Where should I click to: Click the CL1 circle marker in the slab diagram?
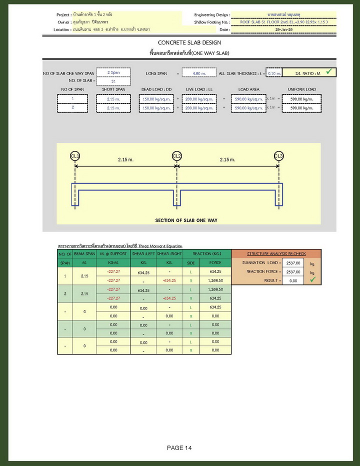(75, 156)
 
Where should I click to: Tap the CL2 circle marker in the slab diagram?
(176, 156)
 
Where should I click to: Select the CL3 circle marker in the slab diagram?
(278, 156)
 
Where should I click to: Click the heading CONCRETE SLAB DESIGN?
(189, 43)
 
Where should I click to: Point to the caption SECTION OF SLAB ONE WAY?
(186, 220)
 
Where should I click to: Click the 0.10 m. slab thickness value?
(274, 73)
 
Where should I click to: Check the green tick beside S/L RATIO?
(328, 72)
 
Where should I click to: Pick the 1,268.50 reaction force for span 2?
(215, 289)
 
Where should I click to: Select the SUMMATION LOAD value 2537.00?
(294, 262)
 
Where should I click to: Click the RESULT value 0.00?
(294, 280)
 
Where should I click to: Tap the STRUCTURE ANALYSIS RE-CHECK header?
(276, 253)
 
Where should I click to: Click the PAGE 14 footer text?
(179, 447)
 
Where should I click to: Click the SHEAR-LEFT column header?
(143, 253)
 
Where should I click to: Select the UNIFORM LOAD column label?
(301, 89)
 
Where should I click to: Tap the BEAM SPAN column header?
(84, 253)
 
